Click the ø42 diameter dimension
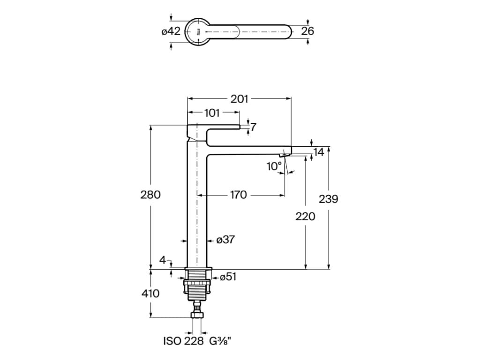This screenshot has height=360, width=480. pos(171,31)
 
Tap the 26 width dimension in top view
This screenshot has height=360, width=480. pos(307,31)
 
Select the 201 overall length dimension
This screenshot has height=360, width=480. pos(239,99)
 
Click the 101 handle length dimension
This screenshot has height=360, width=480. pos(212,113)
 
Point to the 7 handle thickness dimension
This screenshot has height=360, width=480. pos(253,127)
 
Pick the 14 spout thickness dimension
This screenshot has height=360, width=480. pos(318,152)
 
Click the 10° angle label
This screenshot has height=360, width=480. pos(274,166)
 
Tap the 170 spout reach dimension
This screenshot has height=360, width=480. pos(238,195)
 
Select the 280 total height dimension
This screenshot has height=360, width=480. pos(150,195)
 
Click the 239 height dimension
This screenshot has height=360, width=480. pos(329,199)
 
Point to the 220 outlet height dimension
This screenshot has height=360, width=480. pos(305,217)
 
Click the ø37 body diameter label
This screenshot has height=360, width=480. pos(225,240)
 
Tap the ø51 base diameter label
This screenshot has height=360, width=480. pos(228,277)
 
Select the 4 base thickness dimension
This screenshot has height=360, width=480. pos(163,260)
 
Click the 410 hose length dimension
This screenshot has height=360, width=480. pos(150,293)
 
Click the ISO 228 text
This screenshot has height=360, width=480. pos(183,341)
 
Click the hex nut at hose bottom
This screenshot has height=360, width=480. pos(196,315)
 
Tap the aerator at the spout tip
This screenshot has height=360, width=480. pos(285,155)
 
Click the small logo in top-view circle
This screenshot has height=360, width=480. pos(198,31)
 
